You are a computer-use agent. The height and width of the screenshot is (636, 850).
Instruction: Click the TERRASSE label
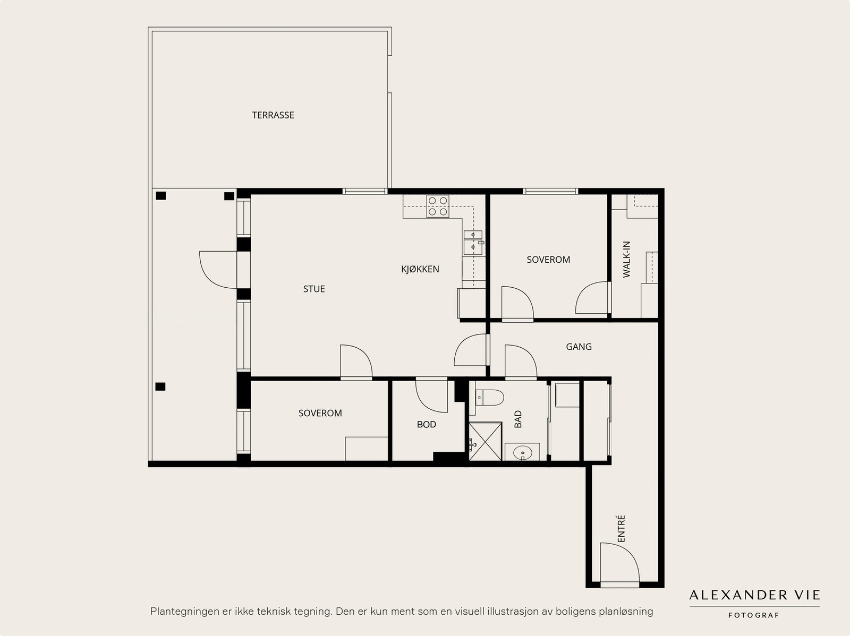click(273, 115)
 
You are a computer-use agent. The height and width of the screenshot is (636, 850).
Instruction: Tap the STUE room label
click(314, 289)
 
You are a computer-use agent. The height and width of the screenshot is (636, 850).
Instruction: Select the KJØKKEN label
click(420, 269)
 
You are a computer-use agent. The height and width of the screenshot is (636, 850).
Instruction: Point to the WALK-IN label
click(626, 259)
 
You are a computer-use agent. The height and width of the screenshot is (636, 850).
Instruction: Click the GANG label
click(579, 347)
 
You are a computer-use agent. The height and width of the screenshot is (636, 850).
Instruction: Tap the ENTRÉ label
click(620, 528)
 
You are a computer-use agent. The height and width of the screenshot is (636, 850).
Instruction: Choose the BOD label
click(427, 424)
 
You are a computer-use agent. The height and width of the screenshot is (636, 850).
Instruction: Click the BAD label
click(518, 419)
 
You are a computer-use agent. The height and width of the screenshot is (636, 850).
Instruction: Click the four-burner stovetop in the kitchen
click(438, 206)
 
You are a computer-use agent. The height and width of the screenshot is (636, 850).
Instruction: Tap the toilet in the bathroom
click(489, 397)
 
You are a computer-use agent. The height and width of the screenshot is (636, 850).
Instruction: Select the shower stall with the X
click(485, 441)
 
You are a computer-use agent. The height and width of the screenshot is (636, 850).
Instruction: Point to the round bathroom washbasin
click(522, 452)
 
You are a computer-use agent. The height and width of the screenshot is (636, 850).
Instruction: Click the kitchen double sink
click(473, 243)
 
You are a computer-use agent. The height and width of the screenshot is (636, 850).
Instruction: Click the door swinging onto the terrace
click(218, 270)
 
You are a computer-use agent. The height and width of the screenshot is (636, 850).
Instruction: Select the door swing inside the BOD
click(431, 397)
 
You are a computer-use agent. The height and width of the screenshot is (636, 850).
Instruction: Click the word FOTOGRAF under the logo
click(753, 615)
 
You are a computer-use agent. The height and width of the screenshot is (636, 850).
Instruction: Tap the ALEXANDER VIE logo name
click(755, 595)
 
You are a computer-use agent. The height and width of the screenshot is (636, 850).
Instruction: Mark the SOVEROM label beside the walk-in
click(548, 260)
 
